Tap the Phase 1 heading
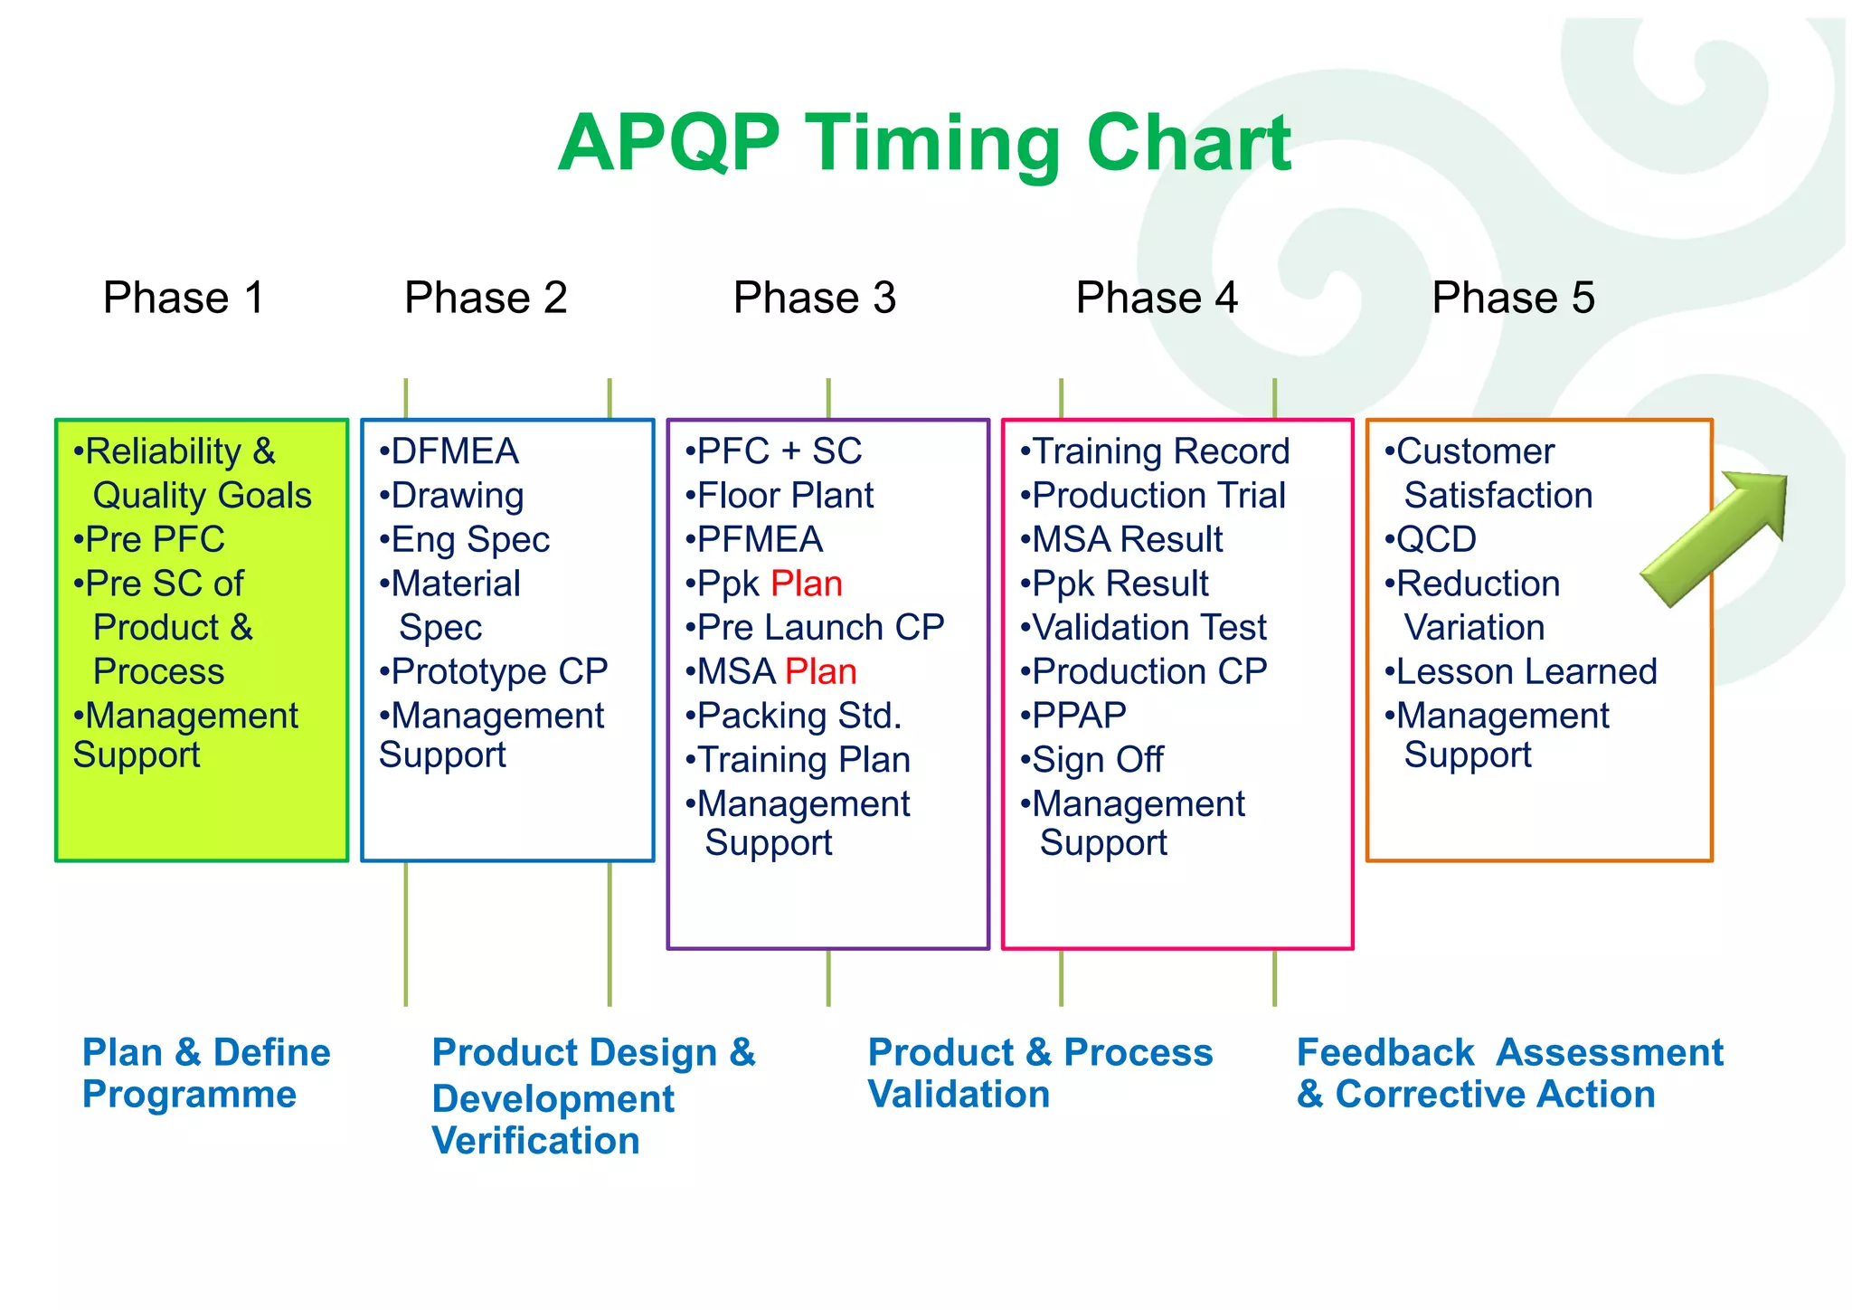pyautogui.click(x=184, y=298)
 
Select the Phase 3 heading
pyautogui.click(x=814, y=298)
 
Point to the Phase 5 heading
pyautogui.click(x=1513, y=298)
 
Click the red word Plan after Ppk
pyautogui.click(x=807, y=584)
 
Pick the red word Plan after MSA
pyautogui.click(x=820, y=671)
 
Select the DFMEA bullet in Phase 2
pyautogui.click(x=449, y=451)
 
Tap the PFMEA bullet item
pyautogui.click(x=754, y=540)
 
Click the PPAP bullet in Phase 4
pyautogui.click(x=1073, y=716)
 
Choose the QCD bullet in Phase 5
pyautogui.click(x=1431, y=540)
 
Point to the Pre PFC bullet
pyautogui.click(x=149, y=540)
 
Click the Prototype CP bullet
pyautogui.click(x=494, y=671)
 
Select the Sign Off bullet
pyautogui.click(x=1092, y=760)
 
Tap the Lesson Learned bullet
pyautogui.click(x=1521, y=671)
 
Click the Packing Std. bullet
pyautogui.click(x=794, y=716)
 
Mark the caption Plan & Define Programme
pyautogui.click(x=206, y=1073)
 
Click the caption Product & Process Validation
pyautogui.click(x=1040, y=1073)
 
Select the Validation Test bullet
pyautogui.click(x=1144, y=628)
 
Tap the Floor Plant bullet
pyautogui.click(x=780, y=496)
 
